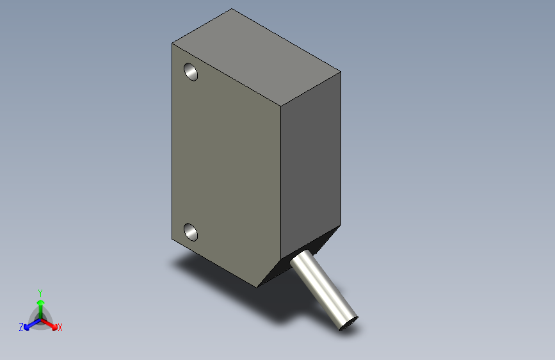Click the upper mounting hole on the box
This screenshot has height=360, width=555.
pos(191,72)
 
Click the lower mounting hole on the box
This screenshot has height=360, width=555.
pos(191,231)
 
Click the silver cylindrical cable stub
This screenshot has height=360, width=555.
pos(323,288)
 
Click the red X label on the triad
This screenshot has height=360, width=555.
pos(60,327)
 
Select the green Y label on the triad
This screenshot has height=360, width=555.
pos(40,291)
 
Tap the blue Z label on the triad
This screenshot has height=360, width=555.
pos(21,327)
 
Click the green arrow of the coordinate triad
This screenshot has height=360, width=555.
pos(40,304)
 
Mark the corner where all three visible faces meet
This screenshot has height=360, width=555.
pos(281,104)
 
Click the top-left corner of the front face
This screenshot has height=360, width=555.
pos(172,44)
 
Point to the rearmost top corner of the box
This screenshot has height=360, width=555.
pos(232,9)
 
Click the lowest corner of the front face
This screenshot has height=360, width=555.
pos(259,286)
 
